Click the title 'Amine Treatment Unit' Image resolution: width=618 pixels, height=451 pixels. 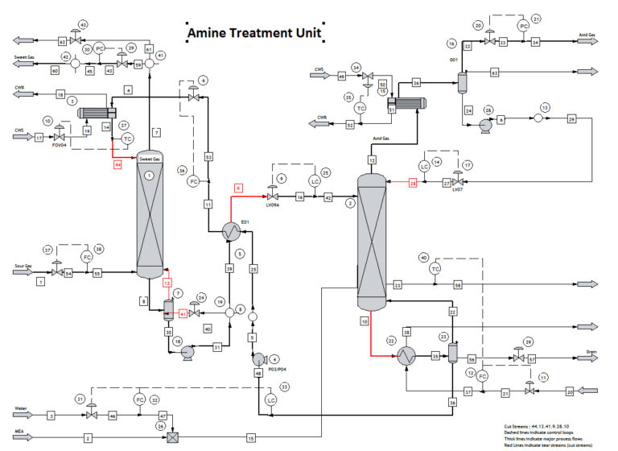click(254, 34)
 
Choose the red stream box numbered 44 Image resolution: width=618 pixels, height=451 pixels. click(118, 164)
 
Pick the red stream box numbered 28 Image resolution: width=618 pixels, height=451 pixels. click(413, 183)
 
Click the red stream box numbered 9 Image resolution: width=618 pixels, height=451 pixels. click(238, 187)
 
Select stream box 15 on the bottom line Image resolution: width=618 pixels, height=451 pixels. click(250, 438)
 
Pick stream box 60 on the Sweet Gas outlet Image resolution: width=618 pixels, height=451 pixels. click(56, 72)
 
